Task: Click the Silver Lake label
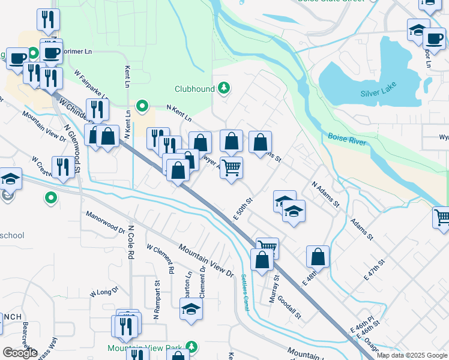tap(379, 94)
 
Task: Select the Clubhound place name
tap(194, 89)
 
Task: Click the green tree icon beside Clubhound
tap(224, 89)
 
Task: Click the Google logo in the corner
tap(20, 352)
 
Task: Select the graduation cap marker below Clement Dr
tap(191, 309)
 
